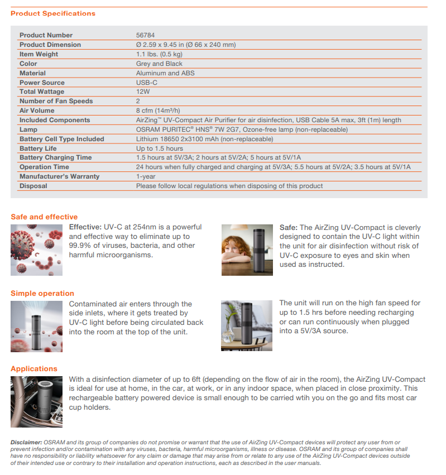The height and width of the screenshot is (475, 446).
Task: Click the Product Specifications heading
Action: [53, 13]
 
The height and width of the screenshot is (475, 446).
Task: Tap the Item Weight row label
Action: [39, 54]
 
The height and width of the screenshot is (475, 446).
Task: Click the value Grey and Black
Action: [159, 64]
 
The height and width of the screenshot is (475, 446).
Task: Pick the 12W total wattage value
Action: [143, 92]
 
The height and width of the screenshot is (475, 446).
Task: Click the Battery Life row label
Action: [39, 148]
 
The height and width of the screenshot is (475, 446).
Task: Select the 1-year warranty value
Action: [146, 176]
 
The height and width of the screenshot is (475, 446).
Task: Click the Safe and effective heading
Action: [44, 217]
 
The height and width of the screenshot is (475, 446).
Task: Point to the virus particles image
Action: [37, 250]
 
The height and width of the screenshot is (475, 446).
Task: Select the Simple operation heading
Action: [42, 294]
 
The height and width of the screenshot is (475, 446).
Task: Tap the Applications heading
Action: [34, 369]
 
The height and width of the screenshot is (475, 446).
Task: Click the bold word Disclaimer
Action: [26, 443]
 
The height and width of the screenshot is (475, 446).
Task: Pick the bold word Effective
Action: [85, 228]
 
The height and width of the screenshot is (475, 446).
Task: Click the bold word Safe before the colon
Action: [288, 228]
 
